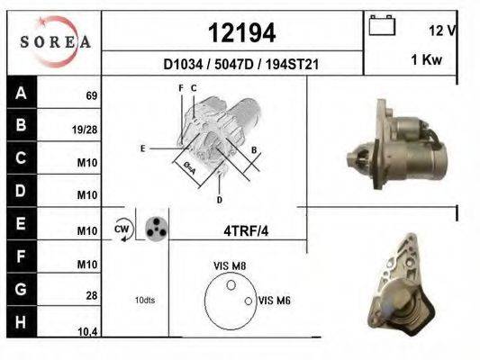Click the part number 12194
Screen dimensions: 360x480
[241, 33]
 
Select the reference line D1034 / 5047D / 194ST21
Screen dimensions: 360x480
[241, 65]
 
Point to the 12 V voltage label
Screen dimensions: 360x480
[442, 30]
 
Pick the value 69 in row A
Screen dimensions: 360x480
[91, 95]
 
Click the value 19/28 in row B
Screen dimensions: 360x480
[85, 130]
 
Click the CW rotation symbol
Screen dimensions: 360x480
[122, 229]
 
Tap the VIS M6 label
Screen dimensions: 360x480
[273, 301]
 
